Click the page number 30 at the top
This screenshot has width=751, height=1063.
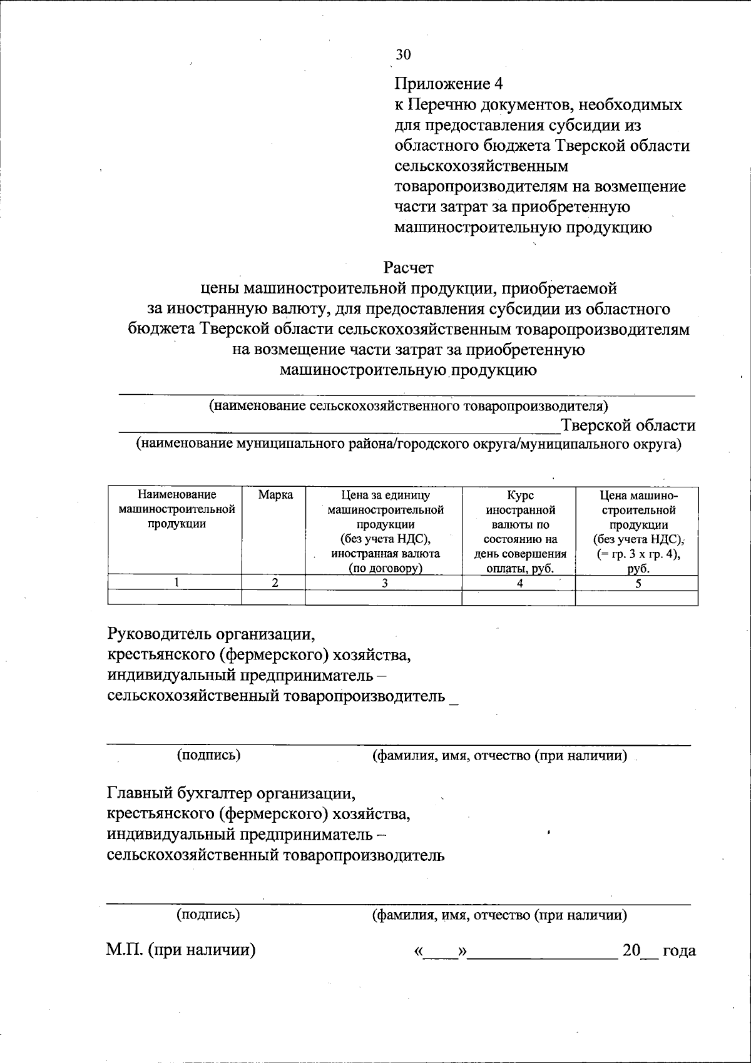(x=403, y=54)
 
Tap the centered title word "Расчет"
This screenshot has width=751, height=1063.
(x=408, y=268)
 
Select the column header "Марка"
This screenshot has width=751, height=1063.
(x=274, y=495)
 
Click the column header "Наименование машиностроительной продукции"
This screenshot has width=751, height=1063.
(x=176, y=509)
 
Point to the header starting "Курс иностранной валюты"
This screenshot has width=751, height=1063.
(x=519, y=531)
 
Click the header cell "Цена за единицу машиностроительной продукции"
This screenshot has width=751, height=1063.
(x=384, y=531)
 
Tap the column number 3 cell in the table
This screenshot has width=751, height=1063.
(x=384, y=583)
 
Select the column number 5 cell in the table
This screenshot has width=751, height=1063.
(x=637, y=583)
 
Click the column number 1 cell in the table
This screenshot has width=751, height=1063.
(x=176, y=583)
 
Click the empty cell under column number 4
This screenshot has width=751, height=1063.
(x=519, y=598)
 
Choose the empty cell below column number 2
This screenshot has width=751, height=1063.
(x=274, y=598)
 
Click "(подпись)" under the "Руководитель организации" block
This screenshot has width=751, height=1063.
(x=208, y=755)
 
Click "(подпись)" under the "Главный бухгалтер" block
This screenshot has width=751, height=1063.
(x=208, y=915)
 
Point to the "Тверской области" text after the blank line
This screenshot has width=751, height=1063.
(x=628, y=425)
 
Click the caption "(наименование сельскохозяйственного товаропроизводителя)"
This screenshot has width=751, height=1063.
(x=408, y=405)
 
